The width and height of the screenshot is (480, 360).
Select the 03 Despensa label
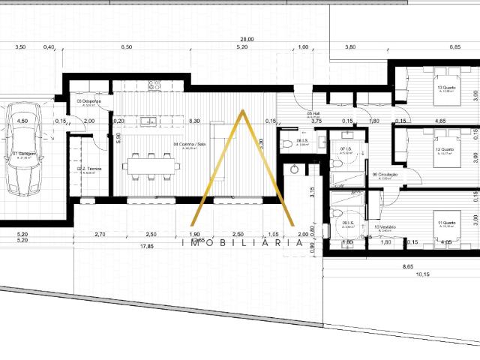click(x=88, y=101)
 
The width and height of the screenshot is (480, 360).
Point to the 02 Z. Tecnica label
click(x=90, y=169)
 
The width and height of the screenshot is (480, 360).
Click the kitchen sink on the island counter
click(x=147, y=120)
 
